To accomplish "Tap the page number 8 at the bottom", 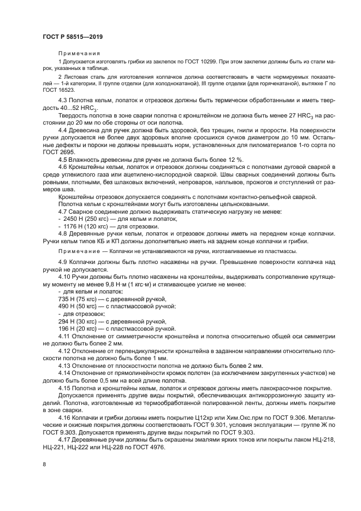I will (x=44, y=464).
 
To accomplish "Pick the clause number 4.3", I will (x=64, y=100).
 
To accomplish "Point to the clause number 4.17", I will (x=65, y=439).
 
